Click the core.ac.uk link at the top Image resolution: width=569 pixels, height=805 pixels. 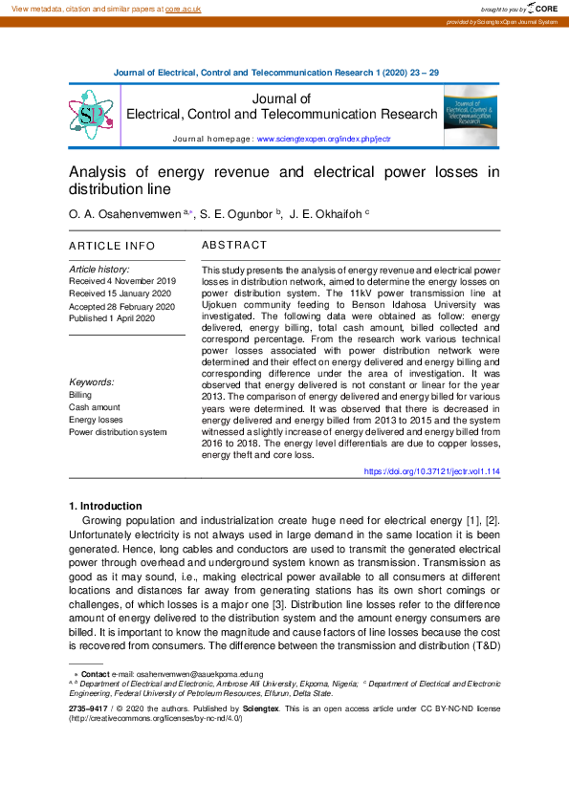(183, 8)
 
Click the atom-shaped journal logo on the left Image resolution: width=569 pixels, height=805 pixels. (91, 116)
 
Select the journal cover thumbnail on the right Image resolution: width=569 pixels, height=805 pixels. (470, 115)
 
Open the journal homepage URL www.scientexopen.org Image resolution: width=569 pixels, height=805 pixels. (324, 140)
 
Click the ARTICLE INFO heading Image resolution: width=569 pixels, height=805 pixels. (112, 246)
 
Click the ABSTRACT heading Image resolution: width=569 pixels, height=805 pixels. (234, 246)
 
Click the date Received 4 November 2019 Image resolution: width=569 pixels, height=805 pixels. (122, 281)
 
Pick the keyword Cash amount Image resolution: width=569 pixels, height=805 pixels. (95, 407)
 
